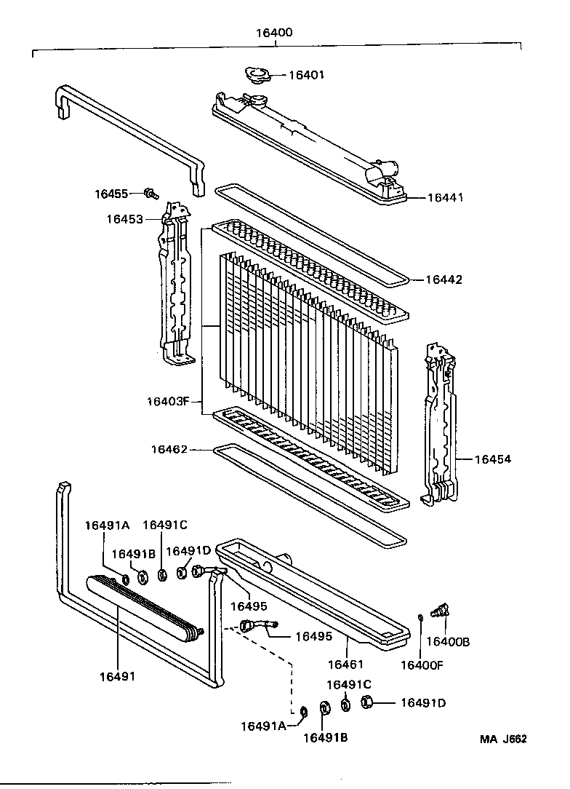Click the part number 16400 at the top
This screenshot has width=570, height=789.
(x=274, y=33)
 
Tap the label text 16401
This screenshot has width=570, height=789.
(x=306, y=75)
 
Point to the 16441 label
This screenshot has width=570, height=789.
(x=444, y=197)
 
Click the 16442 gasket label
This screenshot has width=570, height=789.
(x=443, y=279)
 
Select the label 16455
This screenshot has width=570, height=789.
(x=111, y=194)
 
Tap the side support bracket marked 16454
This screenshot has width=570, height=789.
(x=441, y=422)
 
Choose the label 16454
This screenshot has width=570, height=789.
(x=492, y=459)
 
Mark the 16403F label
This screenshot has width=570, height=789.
(x=167, y=401)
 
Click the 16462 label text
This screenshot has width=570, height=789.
(x=169, y=450)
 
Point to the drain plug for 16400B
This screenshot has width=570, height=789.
(x=440, y=609)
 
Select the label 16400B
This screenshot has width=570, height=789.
(x=447, y=641)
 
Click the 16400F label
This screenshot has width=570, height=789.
(x=421, y=665)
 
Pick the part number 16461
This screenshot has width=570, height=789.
(x=345, y=664)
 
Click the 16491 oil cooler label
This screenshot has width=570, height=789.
(x=117, y=676)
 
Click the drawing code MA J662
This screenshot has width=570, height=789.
(x=502, y=738)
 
